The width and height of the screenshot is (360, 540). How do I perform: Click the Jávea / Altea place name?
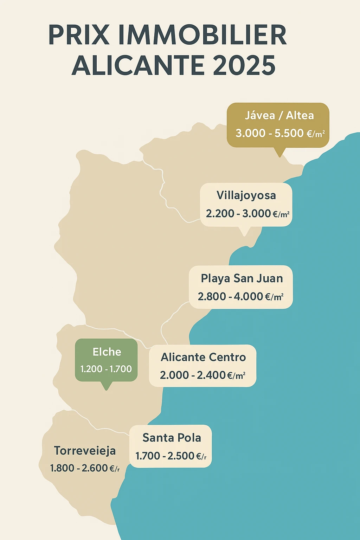pos(279,115)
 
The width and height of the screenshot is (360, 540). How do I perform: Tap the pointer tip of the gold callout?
pos(280,155)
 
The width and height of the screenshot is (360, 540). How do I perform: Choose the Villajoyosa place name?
pos(246,195)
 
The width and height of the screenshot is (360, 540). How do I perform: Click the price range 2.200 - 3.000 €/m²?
pos(247,213)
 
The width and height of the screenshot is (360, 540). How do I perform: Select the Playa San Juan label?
pos(242,278)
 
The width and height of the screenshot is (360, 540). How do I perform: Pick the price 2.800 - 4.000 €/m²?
pos(240,296)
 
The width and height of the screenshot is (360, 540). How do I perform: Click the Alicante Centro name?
pos(203,357)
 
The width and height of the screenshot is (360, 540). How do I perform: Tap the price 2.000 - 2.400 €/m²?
pos(202,375)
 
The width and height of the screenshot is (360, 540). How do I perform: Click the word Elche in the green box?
pos(107,352)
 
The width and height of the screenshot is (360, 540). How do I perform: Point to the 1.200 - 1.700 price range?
pos(106,369)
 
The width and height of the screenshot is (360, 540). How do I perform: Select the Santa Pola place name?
pos(172,438)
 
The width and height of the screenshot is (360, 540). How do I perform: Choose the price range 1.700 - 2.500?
pos(171,456)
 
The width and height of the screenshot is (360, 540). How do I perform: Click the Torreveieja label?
pos(85,451)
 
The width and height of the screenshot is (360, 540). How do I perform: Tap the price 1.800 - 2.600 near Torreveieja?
pos(85,468)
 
